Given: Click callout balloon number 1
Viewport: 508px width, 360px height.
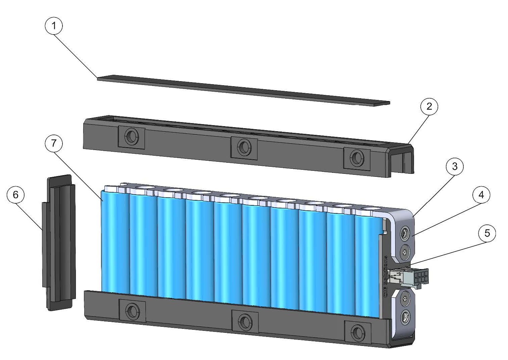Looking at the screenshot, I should tap(54, 25).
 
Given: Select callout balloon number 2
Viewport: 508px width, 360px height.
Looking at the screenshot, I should tap(429, 106).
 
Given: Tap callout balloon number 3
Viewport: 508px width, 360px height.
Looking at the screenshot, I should tap(455, 166).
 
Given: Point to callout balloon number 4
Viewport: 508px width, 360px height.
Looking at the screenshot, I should tap(481, 195).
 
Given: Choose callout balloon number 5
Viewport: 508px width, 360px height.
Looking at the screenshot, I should tap(487, 233).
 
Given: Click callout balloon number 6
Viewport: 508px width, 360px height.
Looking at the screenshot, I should tap(15, 195).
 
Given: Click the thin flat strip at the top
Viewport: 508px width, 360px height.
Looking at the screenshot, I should tap(242, 90).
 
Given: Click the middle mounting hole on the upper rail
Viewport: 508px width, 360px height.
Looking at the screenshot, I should tap(244, 147).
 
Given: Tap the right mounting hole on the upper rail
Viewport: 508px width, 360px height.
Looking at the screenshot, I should tap(357, 157).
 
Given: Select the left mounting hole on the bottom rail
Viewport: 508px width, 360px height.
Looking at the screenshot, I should tap(133, 310).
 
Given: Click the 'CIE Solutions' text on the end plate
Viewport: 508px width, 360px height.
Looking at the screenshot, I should tap(386, 274).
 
